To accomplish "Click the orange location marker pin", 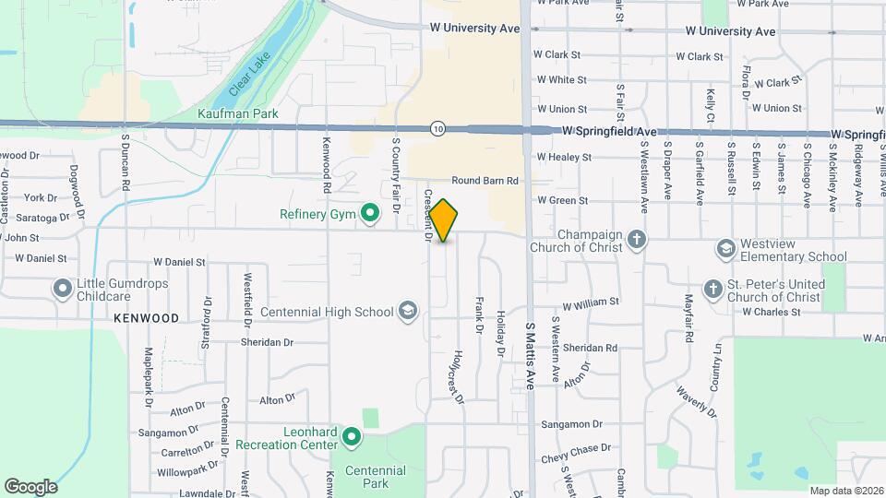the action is pos(444,220).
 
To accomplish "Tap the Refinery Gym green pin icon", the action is pos(370,215).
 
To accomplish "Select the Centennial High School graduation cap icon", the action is pos(407,312).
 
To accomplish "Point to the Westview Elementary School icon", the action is pos(726,249).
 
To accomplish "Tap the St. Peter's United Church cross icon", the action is pos(712,290).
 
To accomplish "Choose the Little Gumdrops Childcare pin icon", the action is pos(63,290).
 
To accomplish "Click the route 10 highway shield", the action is pos(437,129).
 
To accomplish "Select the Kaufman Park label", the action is pos(238,113).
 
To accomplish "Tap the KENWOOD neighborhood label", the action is pos(146,318).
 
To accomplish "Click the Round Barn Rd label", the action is pos(485,181).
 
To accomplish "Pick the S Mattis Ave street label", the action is pos(531,356).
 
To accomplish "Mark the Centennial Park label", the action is pos(375,477).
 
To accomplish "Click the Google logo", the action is pos(30,487).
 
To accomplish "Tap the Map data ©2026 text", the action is pos(846,491).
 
